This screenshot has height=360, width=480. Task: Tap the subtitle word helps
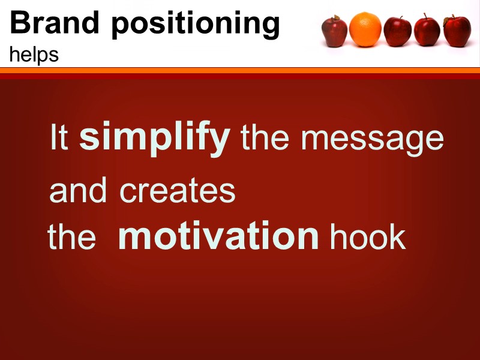34,55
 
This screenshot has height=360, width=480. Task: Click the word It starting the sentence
60,137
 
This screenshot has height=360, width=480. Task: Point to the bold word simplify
155,138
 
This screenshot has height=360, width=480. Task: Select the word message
372,139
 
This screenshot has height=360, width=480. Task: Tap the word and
79,191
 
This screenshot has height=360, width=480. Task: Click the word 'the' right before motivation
72,237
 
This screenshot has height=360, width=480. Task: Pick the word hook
368,237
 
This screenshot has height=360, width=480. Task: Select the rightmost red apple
457,31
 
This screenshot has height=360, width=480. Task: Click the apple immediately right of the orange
397,31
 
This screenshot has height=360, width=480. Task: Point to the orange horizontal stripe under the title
240,71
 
